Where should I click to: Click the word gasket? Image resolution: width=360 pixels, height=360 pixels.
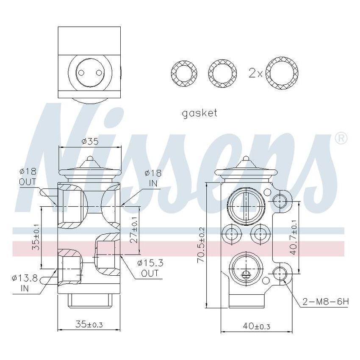click(x=199, y=113)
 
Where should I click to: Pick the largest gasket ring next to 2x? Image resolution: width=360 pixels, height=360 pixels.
click(x=282, y=73)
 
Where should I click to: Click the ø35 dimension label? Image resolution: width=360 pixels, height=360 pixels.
click(x=90, y=141)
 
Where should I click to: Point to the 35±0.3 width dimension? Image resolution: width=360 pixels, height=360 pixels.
click(x=89, y=324)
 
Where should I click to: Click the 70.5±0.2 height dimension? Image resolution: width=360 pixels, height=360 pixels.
click(x=201, y=245)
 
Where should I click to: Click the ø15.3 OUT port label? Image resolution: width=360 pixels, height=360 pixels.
click(x=150, y=268)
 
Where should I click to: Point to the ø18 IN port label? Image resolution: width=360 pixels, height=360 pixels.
click(x=153, y=177)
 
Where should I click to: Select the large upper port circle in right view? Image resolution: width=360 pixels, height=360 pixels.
click(x=246, y=204)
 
